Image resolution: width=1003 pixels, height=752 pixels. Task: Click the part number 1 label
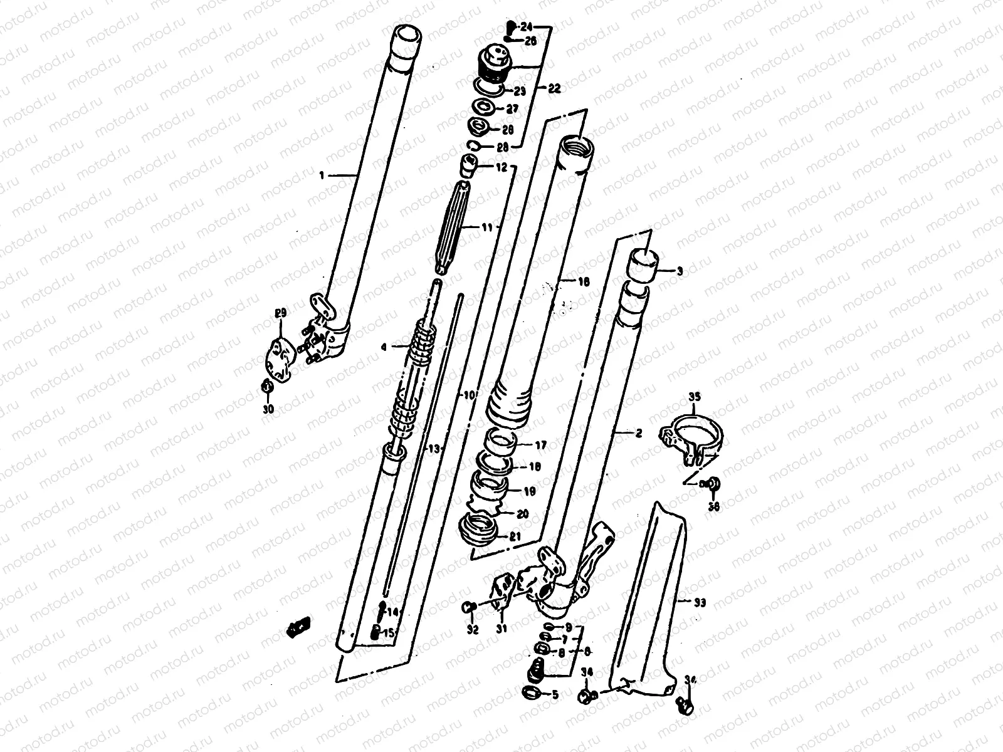coord(322,176)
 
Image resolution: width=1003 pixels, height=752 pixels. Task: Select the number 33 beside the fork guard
coord(700,603)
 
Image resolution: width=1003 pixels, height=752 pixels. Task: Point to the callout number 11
coord(488,229)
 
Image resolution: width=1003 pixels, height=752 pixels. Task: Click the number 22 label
coord(554,88)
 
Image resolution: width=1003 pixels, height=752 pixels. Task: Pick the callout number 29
coord(280,313)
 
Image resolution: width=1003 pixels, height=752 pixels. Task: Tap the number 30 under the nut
coord(268,410)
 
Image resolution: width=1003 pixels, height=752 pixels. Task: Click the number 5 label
coord(554,694)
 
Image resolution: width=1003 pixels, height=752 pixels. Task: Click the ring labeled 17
coord(502,441)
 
